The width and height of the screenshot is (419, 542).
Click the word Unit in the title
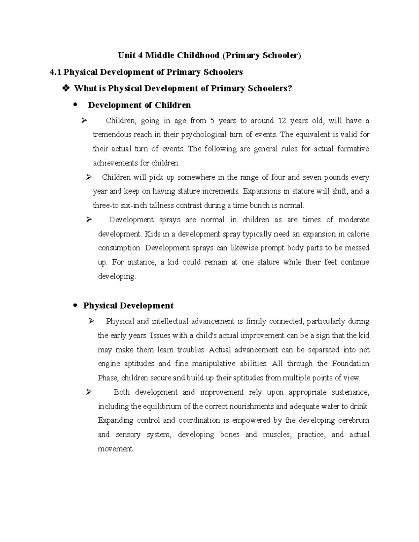coord(126,55)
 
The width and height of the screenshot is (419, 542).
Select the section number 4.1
coord(56,72)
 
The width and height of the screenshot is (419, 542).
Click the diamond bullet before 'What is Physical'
coord(65,88)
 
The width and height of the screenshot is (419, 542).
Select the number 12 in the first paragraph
coord(282,121)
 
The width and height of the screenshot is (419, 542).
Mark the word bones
coord(229,435)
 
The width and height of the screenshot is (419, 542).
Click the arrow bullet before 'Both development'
coord(89,392)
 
